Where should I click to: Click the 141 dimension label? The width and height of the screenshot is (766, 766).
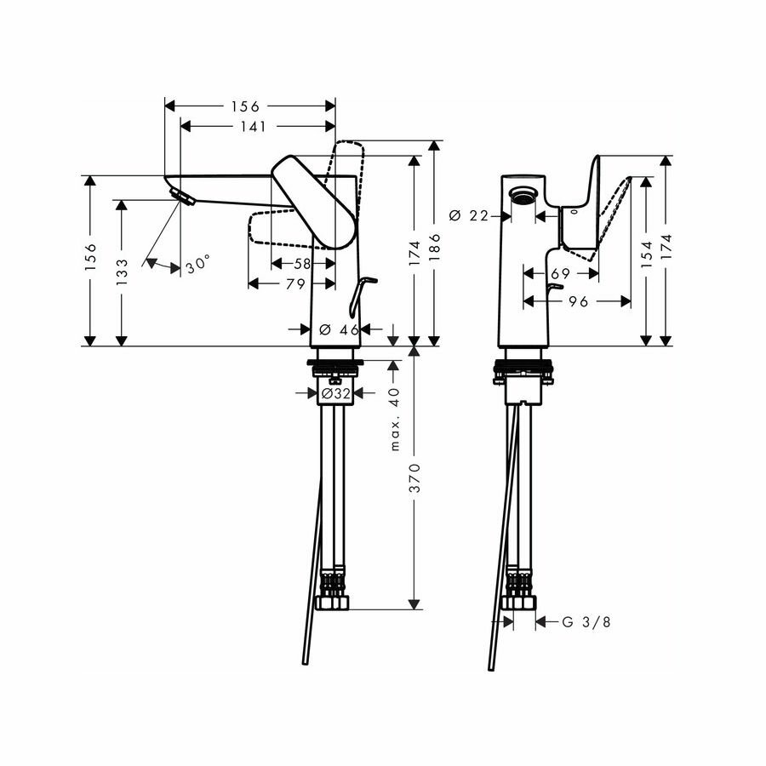click(254, 126)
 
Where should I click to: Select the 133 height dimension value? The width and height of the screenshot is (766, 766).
click(122, 272)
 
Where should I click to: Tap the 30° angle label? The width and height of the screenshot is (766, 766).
click(197, 266)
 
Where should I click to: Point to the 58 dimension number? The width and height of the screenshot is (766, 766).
click(303, 265)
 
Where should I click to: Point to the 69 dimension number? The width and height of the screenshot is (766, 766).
click(559, 274)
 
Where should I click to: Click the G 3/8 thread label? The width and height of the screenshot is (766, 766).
click(586, 622)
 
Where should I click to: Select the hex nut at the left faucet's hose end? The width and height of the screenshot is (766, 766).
click(333, 602)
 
